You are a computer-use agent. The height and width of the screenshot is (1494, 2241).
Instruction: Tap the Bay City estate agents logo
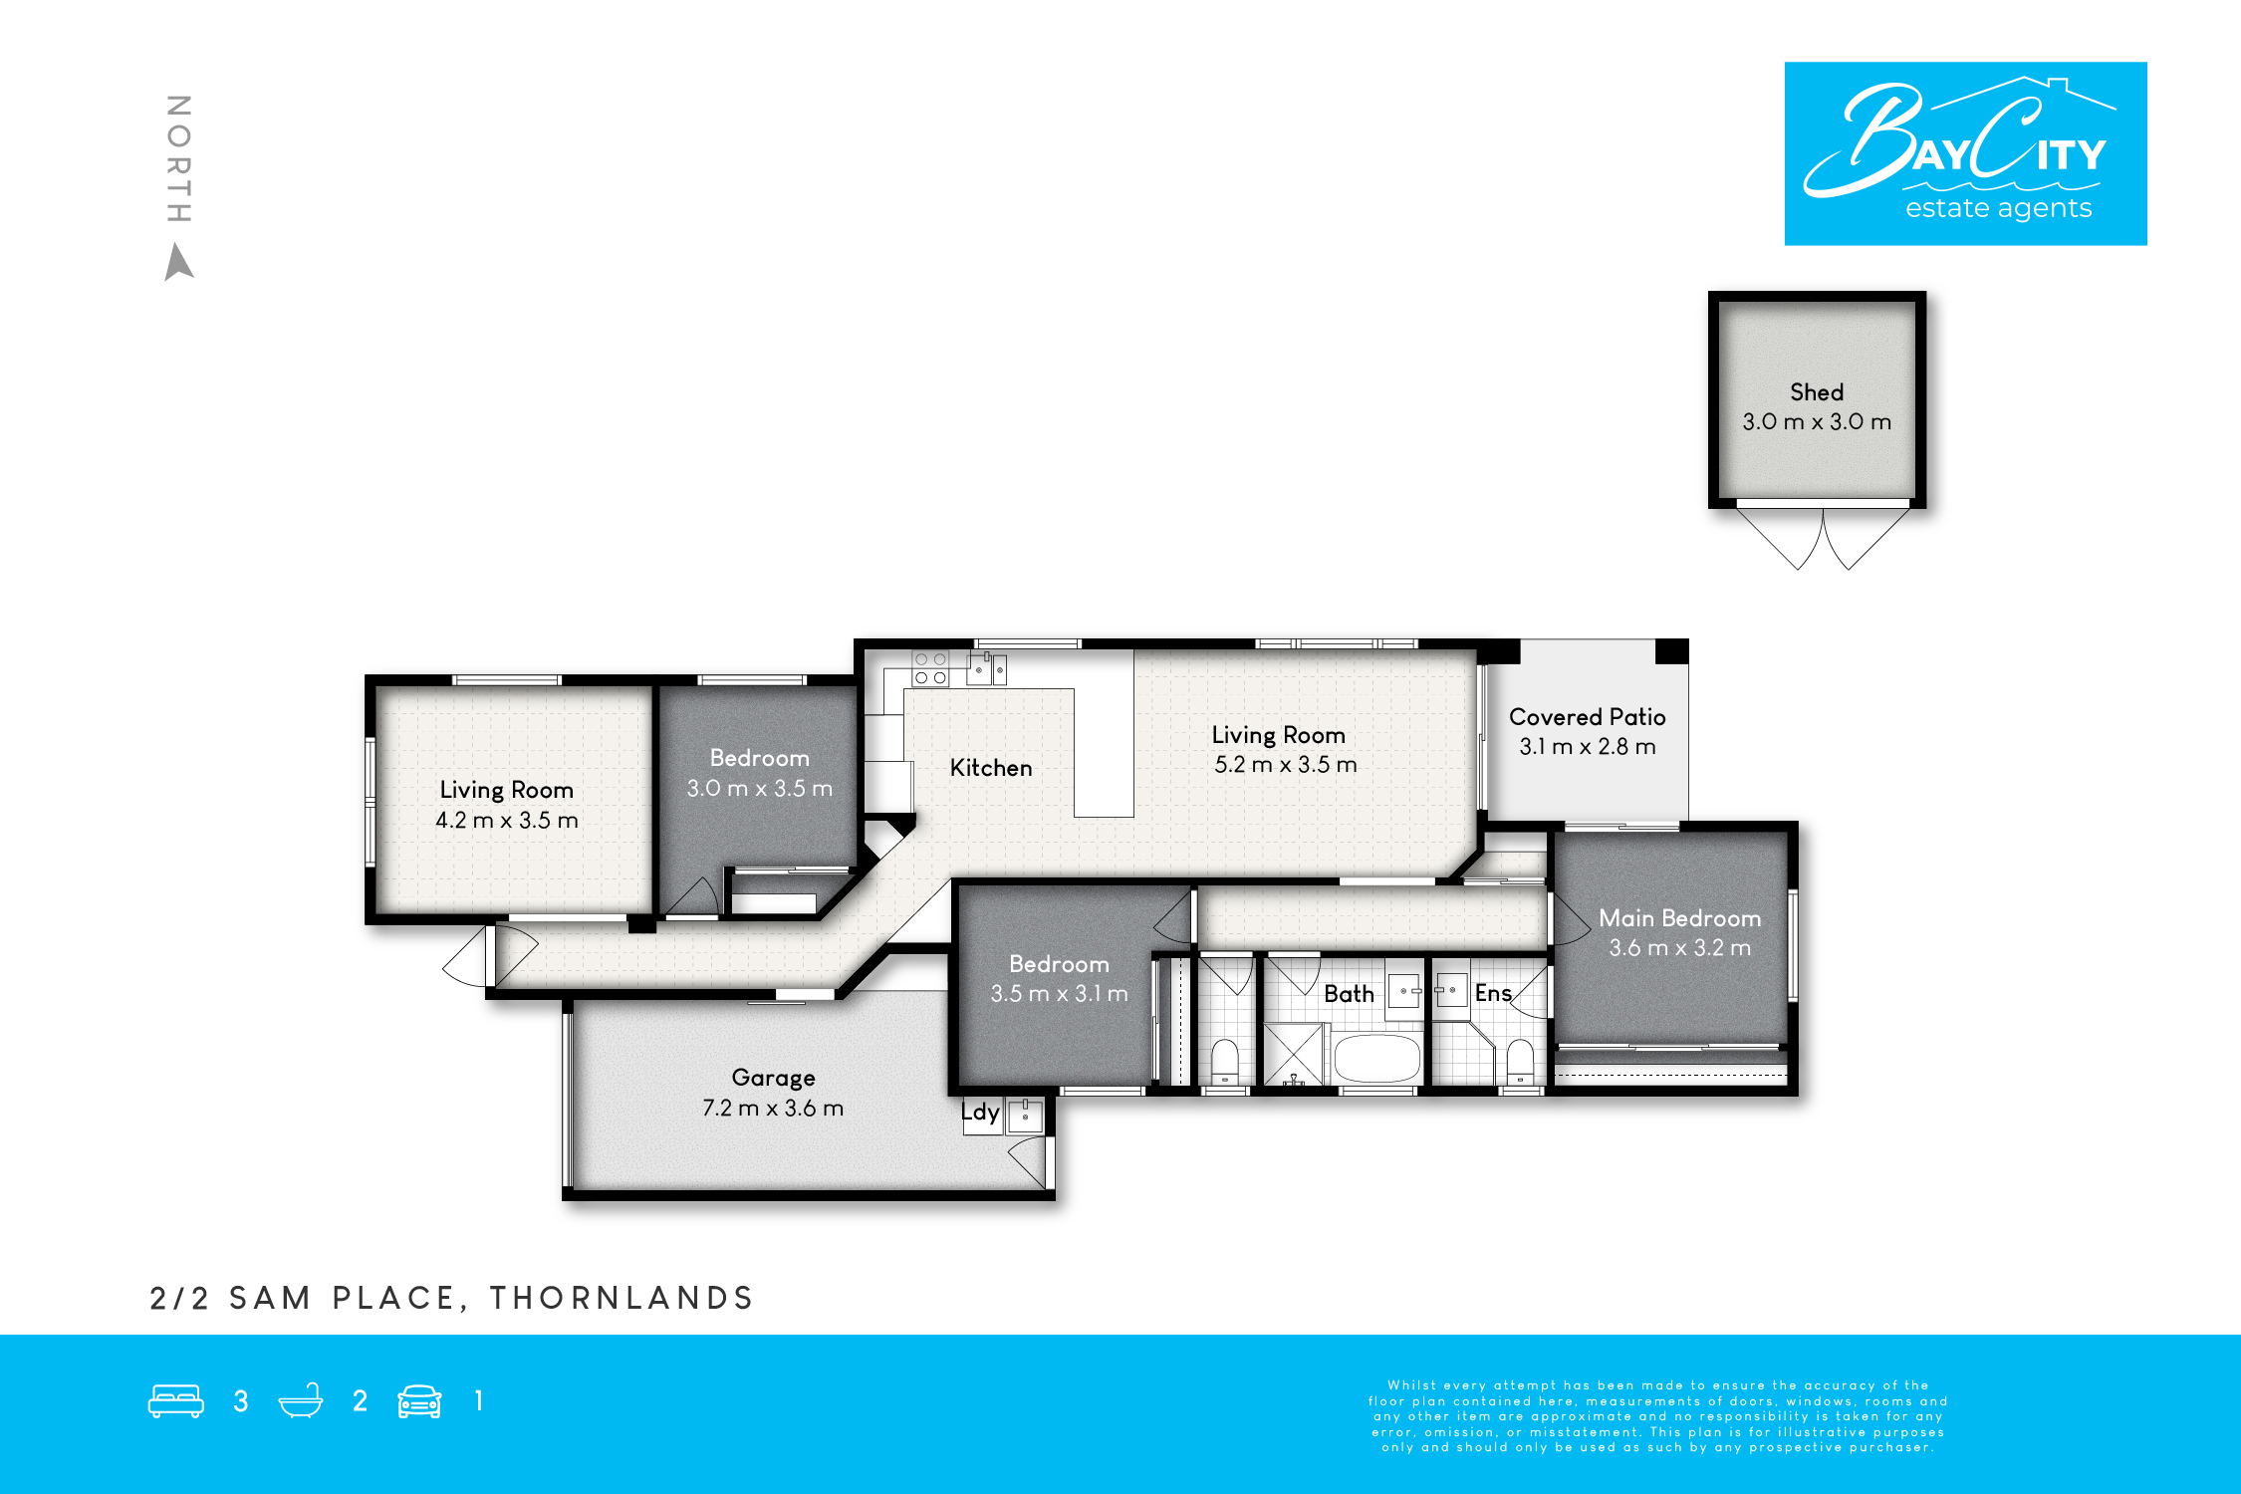pyautogui.click(x=1965, y=153)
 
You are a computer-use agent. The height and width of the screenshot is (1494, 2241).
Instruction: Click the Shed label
pyautogui.click(x=1817, y=392)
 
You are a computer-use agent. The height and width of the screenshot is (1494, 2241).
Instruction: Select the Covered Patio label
pyautogui.click(x=1587, y=717)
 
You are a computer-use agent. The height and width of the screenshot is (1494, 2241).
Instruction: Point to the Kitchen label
pyautogui.click(x=991, y=768)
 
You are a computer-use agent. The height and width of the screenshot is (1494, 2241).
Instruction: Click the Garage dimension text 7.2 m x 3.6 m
pyautogui.click(x=773, y=1108)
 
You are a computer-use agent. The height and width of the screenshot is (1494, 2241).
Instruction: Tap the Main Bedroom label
pyautogui.click(x=1679, y=918)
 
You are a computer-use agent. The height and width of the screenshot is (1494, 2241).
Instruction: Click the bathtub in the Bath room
pyautogui.click(x=1376, y=1058)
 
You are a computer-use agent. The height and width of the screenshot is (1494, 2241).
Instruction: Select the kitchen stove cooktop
pyautogui.click(x=930, y=668)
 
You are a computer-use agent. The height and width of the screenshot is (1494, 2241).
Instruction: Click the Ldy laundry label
pyautogui.click(x=980, y=1113)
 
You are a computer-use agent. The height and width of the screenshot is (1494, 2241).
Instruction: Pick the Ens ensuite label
pyautogui.click(x=1493, y=993)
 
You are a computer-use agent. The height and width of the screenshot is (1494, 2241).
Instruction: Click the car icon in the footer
pyautogui.click(x=419, y=1401)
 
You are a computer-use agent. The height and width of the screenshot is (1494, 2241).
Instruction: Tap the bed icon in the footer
pyautogui.click(x=176, y=1401)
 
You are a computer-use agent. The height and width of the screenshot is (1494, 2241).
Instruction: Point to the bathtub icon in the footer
pyautogui.click(x=301, y=1400)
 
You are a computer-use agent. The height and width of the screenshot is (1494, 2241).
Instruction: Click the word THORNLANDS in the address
pyautogui.click(x=622, y=1298)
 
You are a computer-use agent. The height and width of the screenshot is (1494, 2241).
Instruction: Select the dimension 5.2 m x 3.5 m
pyautogui.click(x=1285, y=765)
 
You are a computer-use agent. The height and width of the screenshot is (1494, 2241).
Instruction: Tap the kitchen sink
pyautogui.click(x=987, y=669)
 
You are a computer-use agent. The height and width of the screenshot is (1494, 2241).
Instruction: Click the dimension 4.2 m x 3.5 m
pyautogui.click(x=506, y=821)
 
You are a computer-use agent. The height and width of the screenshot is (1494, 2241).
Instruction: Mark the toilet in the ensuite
pyautogui.click(x=1520, y=1062)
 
